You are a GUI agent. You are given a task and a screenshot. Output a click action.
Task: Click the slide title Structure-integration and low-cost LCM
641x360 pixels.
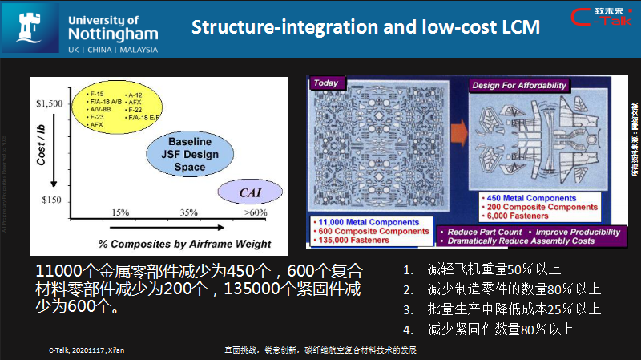pos(365,26)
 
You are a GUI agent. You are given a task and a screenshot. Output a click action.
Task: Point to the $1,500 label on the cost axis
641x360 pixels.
pos(49,103)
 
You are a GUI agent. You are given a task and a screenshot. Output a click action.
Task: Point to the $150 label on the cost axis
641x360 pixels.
pos(52,199)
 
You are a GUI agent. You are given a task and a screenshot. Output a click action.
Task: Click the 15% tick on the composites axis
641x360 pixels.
pos(120,212)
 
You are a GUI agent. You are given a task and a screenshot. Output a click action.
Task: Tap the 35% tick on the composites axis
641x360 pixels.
pos(189,212)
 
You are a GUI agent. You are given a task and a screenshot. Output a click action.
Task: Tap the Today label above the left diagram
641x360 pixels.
pos(325,83)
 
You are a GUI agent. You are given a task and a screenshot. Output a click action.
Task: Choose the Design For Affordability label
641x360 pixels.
pos(518,85)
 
